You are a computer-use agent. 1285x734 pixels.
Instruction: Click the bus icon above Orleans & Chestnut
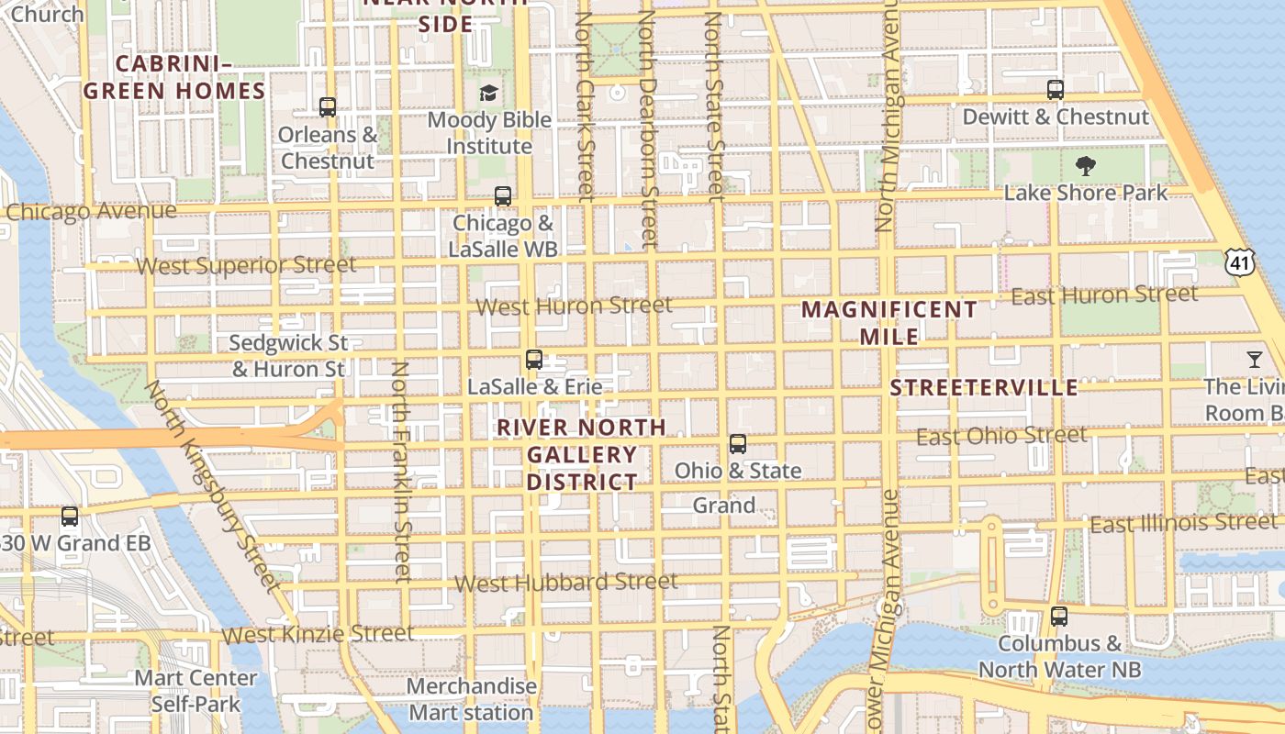click(x=328, y=107)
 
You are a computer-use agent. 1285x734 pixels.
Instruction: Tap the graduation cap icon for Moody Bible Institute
click(x=489, y=93)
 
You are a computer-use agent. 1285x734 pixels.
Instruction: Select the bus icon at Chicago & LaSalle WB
click(x=502, y=195)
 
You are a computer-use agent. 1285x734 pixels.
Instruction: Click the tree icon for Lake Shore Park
click(x=1086, y=166)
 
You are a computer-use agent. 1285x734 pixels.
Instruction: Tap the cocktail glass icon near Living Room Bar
click(x=1255, y=359)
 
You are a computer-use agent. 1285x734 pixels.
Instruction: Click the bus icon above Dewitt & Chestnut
click(x=1056, y=90)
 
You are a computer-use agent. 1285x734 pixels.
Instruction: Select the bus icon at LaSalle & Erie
click(x=534, y=360)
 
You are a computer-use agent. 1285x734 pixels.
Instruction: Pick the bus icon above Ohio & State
click(x=738, y=444)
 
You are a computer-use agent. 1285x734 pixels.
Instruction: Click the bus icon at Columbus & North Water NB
click(x=1059, y=617)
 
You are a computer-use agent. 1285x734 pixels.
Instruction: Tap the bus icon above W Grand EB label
click(x=70, y=517)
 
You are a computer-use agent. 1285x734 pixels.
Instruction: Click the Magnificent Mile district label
click(x=889, y=323)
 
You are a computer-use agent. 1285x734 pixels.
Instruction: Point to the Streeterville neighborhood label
click(x=984, y=387)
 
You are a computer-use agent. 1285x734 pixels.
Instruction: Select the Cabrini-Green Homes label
click(x=173, y=77)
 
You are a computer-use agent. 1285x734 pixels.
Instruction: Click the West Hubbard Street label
click(x=566, y=583)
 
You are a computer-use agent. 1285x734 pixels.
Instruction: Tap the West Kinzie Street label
click(x=318, y=634)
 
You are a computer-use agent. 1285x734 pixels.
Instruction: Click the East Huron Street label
click(x=1104, y=295)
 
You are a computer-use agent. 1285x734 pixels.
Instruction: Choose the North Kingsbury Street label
click(x=212, y=486)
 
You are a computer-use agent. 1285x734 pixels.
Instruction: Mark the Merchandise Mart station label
click(x=471, y=699)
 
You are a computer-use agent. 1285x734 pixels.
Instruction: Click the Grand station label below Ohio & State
click(x=724, y=506)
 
